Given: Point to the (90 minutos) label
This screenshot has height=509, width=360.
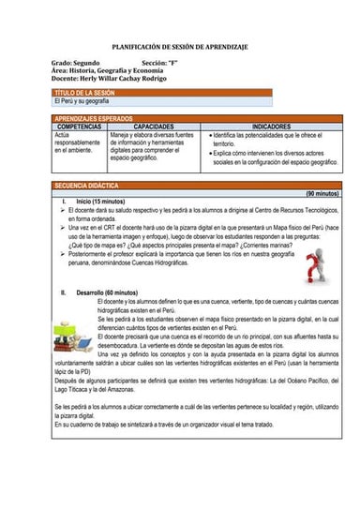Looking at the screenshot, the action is coord(322,193).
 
